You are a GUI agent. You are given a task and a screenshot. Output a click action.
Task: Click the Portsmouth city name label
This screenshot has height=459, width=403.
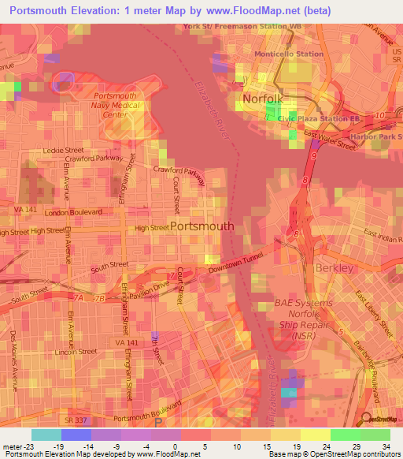click(201, 226)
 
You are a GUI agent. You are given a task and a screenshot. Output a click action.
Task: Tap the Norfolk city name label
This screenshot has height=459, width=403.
click(262, 99)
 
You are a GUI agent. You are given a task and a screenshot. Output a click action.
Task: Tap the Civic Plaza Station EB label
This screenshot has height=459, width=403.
click(319, 118)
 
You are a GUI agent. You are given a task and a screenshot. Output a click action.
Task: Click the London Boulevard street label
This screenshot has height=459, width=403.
click(75, 213)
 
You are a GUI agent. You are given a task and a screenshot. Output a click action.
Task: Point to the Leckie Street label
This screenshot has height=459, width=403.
click(64, 150)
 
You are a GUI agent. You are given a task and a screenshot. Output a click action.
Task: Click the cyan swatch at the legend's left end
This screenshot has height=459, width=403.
click(46, 435)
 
